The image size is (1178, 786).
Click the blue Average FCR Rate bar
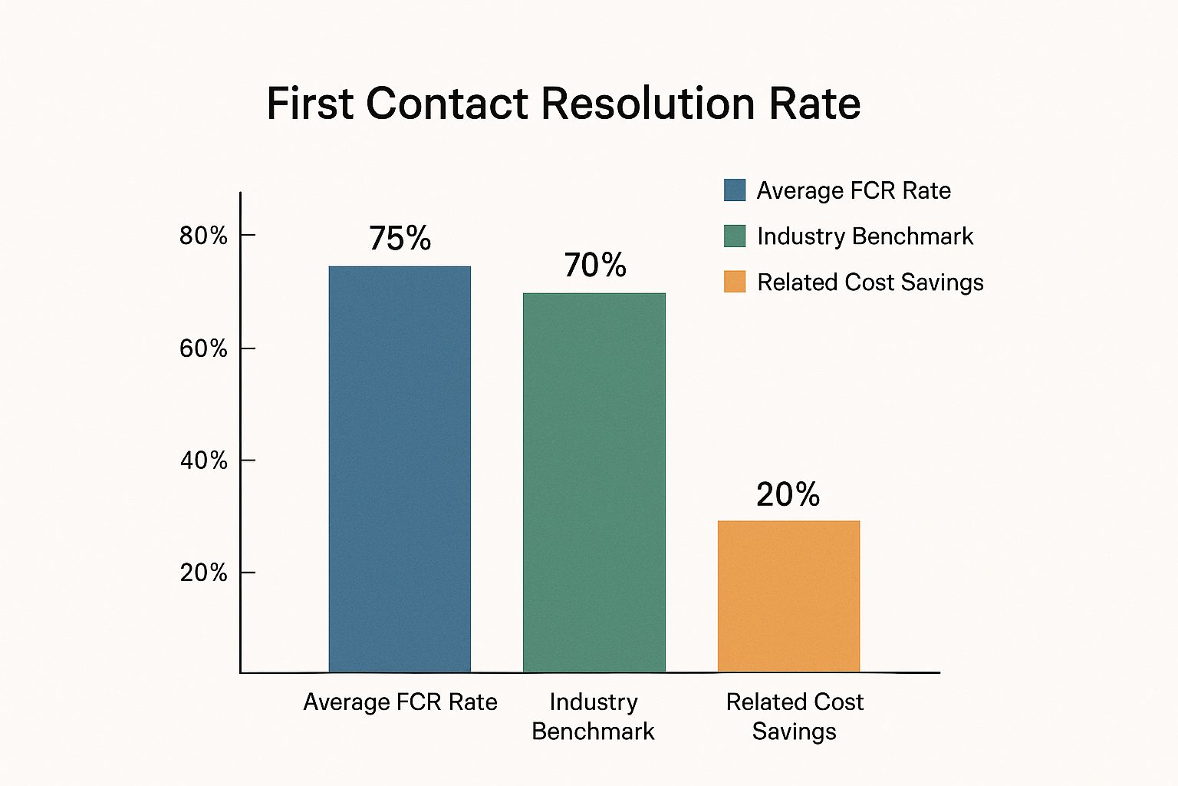[400, 469]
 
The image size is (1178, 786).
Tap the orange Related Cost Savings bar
[788, 596]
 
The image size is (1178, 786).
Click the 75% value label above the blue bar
[400, 239]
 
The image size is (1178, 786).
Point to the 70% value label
[595, 266]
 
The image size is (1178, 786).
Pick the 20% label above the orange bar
[788, 495]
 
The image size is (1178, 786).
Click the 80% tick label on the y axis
[203, 236]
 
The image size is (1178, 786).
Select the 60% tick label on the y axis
[203, 349]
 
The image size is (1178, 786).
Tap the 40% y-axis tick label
[203, 461]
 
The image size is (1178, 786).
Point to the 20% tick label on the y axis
[203, 573]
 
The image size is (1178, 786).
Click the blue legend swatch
[735, 190]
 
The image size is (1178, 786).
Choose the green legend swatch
[735, 236]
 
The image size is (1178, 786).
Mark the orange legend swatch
[735, 282]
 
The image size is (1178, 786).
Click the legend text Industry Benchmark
[864, 236]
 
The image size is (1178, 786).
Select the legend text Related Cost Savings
[870, 282]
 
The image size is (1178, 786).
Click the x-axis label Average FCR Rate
[400, 702]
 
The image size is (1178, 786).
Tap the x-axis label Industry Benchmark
[593, 717]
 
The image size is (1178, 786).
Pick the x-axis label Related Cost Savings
[795, 717]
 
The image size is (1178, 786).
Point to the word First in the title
[310, 104]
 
